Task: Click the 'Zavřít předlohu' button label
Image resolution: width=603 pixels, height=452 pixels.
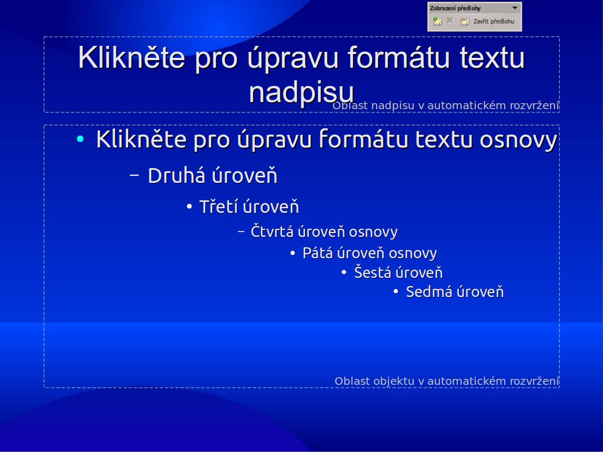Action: [493, 22]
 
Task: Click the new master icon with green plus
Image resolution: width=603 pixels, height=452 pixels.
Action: [437, 21]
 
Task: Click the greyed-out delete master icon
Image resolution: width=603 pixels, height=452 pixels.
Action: [451, 21]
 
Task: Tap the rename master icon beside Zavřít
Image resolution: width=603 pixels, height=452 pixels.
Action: [465, 22]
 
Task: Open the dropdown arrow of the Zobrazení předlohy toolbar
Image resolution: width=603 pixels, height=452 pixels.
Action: [515, 9]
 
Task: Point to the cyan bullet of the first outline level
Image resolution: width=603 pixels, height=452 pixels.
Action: [81, 140]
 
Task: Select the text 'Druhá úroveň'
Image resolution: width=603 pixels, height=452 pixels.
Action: [212, 176]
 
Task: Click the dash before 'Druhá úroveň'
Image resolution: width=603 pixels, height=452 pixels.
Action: [135, 175]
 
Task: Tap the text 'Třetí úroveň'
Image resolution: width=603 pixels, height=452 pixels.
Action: [249, 207]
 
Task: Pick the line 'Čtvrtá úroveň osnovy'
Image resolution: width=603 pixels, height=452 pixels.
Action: [324, 231]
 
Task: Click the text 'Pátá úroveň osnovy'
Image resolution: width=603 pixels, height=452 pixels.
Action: [369, 253]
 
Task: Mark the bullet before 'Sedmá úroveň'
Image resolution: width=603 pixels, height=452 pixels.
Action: [396, 292]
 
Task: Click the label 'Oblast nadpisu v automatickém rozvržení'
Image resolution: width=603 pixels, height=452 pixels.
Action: [445, 105]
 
